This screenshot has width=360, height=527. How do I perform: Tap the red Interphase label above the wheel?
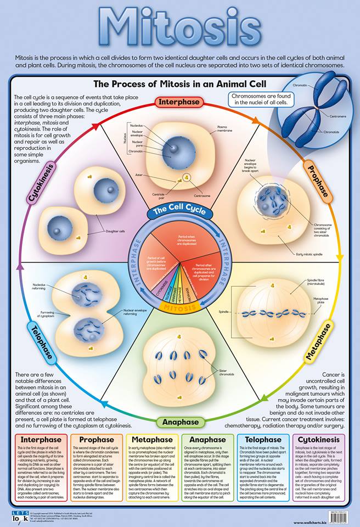click(x=180, y=102)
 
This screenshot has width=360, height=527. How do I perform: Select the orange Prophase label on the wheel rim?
click(x=317, y=181)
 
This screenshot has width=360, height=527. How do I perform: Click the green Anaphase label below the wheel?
click(x=180, y=422)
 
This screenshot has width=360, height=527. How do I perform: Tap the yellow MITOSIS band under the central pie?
click(x=180, y=309)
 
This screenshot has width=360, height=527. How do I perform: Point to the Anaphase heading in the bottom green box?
click(x=207, y=440)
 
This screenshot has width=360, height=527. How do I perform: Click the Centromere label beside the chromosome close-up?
click(x=340, y=116)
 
